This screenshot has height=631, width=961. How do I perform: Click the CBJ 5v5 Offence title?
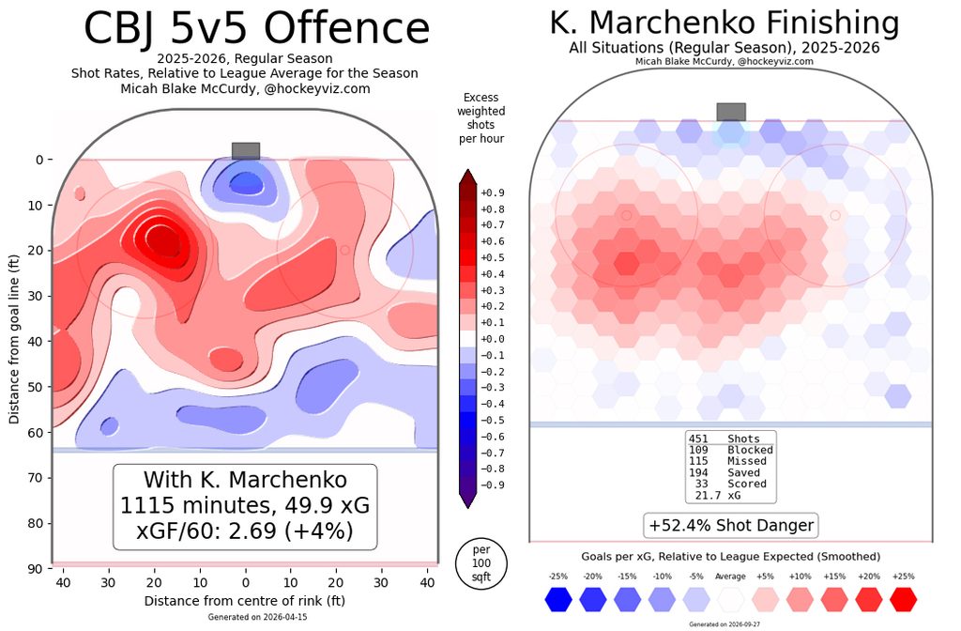pyautogui.click(x=256, y=27)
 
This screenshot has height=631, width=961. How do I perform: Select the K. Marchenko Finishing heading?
pyautogui.click(x=725, y=23)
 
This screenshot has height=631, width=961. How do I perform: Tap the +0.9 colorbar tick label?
pyautogui.click(x=493, y=192)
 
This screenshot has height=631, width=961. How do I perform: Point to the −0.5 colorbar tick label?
pyautogui.click(x=493, y=420)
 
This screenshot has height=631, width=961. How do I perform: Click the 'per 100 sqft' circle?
pyautogui.click(x=481, y=563)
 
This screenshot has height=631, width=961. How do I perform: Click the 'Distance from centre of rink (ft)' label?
pyautogui.click(x=245, y=600)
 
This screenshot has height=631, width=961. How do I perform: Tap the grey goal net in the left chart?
pyautogui.click(x=246, y=151)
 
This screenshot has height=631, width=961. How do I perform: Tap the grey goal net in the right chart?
pyautogui.click(x=731, y=113)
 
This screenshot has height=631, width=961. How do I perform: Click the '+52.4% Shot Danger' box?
pyautogui.click(x=730, y=526)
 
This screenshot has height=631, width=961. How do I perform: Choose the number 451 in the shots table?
pyautogui.click(x=698, y=439)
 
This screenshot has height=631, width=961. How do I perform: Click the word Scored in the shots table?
pyautogui.click(x=747, y=484)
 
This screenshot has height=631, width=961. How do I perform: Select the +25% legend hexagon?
pyautogui.click(x=903, y=599)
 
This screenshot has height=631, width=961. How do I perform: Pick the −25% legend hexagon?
pyautogui.click(x=558, y=599)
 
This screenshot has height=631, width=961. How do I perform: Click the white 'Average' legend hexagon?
pyautogui.click(x=730, y=599)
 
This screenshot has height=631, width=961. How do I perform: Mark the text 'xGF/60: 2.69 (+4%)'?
pyautogui.click(x=245, y=530)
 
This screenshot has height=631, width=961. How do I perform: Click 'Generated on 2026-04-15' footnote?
pyautogui.click(x=257, y=617)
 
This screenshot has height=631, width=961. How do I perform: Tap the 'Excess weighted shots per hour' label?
pyautogui.click(x=481, y=117)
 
